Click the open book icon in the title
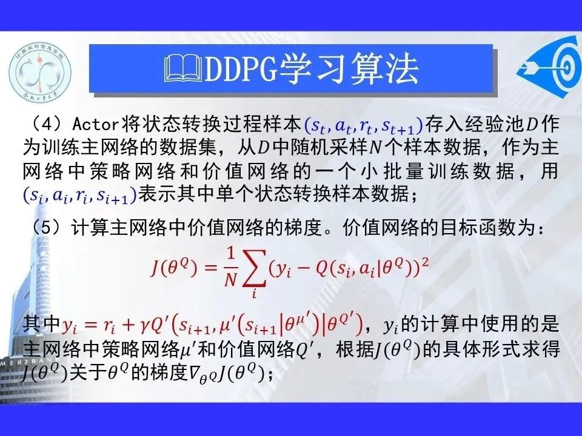pyautogui.click(x=183, y=68)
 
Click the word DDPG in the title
pyautogui.click(x=241, y=69)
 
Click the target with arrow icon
pyautogui.click(x=550, y=67)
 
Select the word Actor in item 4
pyautogui.click(x=95, y=124)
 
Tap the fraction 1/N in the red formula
pyautogui.click(x=230, y=268)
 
